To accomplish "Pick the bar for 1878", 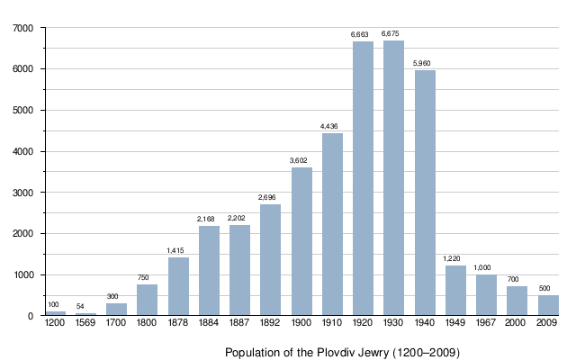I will (178, 286).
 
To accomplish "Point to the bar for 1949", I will (455, 290).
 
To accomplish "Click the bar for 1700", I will (116, 309).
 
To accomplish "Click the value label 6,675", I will (393, 34).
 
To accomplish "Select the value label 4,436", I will (332, 126).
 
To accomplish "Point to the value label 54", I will (80, 306).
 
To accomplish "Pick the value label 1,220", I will (452, 258).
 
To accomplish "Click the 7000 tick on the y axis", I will (24, 28).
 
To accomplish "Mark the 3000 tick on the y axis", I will (24, 193).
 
